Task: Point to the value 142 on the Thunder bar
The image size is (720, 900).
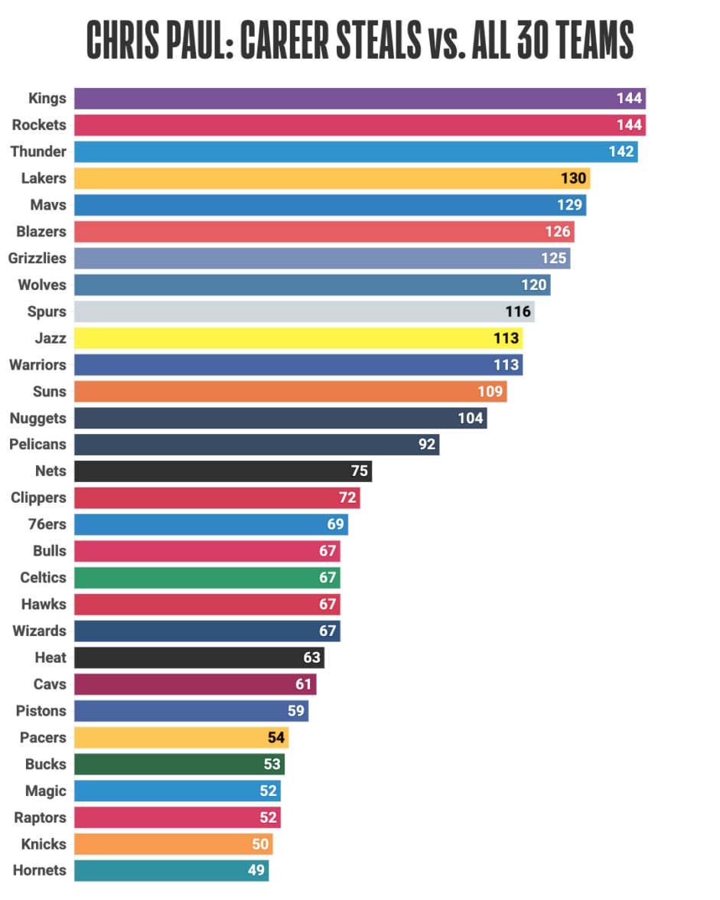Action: pyautogui.click(x=621, y=152)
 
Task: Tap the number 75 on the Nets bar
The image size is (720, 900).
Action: pyautogui.click(x=359, y=471)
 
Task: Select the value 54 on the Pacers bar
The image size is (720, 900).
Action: pyautogui.click(x=275, y=738)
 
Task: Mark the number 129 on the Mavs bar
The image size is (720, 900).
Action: pyautogui.click(x=570, y=205)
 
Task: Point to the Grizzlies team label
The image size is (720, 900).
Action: pyautogui.click(x=37, y=258)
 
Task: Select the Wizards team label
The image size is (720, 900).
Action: pyautogui.click(x=40, y=631)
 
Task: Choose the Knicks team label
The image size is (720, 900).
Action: pyautogui.click(x=45, y=844)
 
